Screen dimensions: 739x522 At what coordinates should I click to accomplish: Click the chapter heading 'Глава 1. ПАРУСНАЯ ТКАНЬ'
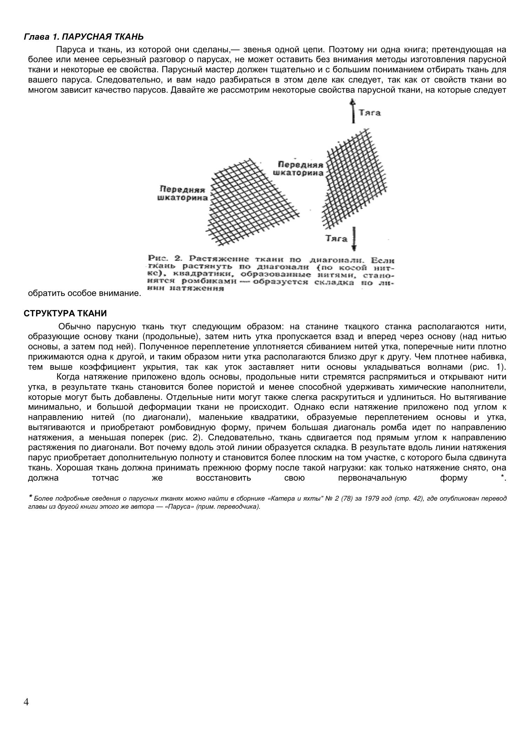83,37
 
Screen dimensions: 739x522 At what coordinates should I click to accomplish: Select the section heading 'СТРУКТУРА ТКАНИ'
65,314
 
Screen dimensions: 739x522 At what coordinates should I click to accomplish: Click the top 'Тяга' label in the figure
369,113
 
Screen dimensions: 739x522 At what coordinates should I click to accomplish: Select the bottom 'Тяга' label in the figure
336,239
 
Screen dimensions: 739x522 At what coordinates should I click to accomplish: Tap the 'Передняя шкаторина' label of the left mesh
181,194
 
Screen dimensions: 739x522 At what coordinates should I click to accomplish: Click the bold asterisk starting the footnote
31,497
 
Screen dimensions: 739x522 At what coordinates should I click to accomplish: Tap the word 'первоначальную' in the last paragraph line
372,478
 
